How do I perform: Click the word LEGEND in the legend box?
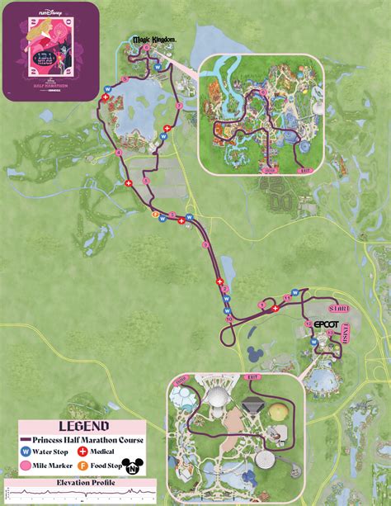point(82,427)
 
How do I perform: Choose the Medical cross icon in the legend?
point(82,452)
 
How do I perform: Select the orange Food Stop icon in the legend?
point(82,466)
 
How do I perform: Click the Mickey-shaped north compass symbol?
point(130,466)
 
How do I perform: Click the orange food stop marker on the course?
point(155,214)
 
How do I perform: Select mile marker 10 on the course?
point(228,319)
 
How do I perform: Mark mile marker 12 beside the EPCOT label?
point(309,324)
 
